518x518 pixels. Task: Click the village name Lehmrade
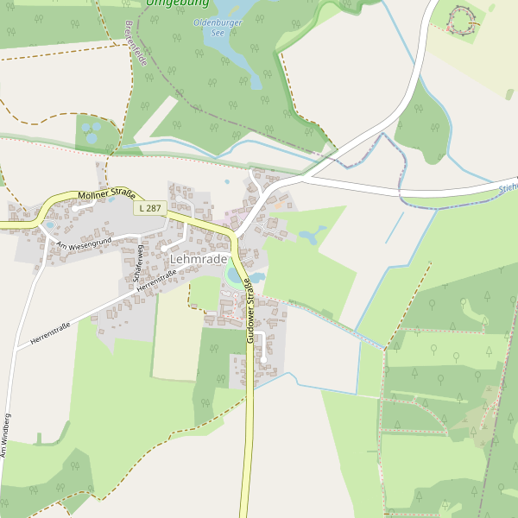tap(199, 259)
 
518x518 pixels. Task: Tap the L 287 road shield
tap(149, 208)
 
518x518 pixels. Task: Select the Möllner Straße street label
tap(107, 197)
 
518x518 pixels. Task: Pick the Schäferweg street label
tap(138, 264)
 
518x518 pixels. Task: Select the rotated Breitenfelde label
tap(136, 44)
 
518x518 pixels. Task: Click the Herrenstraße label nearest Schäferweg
tap(156, 279)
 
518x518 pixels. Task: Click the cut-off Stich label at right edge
tap(508, 186)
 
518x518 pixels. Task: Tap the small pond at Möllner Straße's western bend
tap(49, 225)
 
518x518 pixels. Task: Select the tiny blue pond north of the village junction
tap(227, 182)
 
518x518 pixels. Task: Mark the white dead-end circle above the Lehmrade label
tap(163, 249)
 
